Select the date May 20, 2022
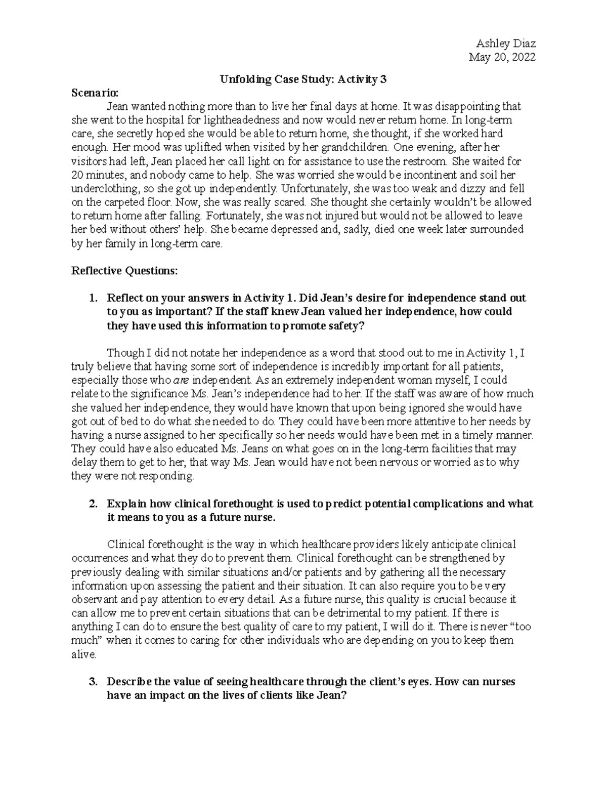(x=502, y=57)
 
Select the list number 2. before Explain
(x=93, y=504)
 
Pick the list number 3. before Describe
(x=93, y=682)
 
